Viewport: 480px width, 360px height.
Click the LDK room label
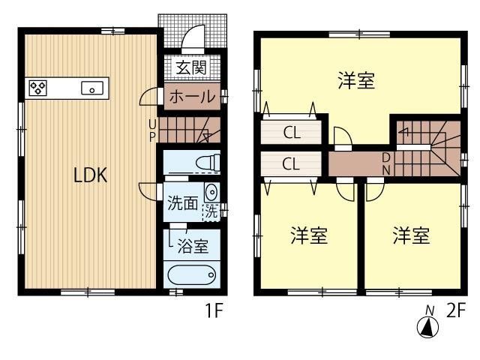(91, 175)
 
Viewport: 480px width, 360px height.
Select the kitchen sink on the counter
(91, 88)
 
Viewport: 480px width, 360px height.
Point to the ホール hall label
(191, 97)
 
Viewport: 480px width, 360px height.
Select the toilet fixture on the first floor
(205, 161)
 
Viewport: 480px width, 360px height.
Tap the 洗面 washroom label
(183, 202)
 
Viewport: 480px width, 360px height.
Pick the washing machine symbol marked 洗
(211, 212)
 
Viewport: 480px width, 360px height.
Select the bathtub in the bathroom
(192, 274)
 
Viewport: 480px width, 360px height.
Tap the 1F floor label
(214, 310)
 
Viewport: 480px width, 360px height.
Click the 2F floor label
(456, 310)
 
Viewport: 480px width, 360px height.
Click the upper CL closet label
(292, 133)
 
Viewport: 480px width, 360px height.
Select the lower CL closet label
(292, 163)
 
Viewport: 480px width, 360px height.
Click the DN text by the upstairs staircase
(386, 163)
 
